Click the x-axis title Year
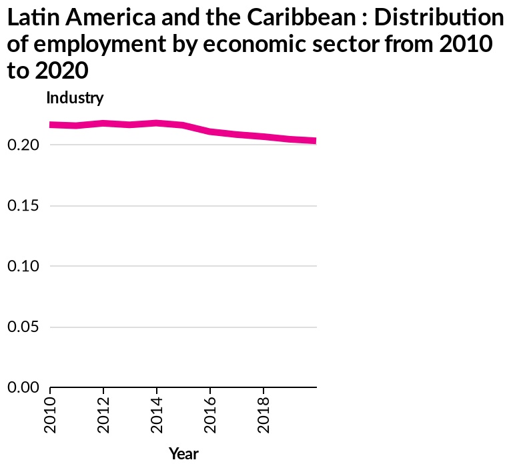pos(183,454)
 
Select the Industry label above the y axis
pos(75,99)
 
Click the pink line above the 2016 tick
pos(211,131)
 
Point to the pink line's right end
pos(314,141)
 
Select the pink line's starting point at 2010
pos(52,125)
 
